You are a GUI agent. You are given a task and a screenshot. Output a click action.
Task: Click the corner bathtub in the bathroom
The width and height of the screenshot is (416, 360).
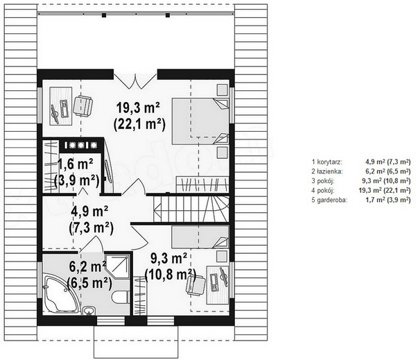click(60, 294)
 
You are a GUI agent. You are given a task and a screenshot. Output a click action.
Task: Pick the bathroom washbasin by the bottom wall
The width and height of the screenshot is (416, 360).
click(89, 311)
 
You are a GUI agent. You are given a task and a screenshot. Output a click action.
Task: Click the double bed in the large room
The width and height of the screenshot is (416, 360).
click(200, 121)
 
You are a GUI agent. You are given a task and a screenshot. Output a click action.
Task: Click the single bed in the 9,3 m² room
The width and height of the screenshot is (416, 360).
click(200, 237)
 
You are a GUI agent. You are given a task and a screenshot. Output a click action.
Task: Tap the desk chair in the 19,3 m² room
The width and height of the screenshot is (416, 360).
click(83, 106)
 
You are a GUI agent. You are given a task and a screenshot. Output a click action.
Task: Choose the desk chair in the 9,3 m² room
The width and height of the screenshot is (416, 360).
click(196, 285)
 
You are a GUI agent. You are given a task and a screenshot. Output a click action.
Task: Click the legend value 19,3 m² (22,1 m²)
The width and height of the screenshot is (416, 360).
click(385, 190)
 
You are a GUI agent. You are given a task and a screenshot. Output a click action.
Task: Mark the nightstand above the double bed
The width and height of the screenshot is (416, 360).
click(223, 89)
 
